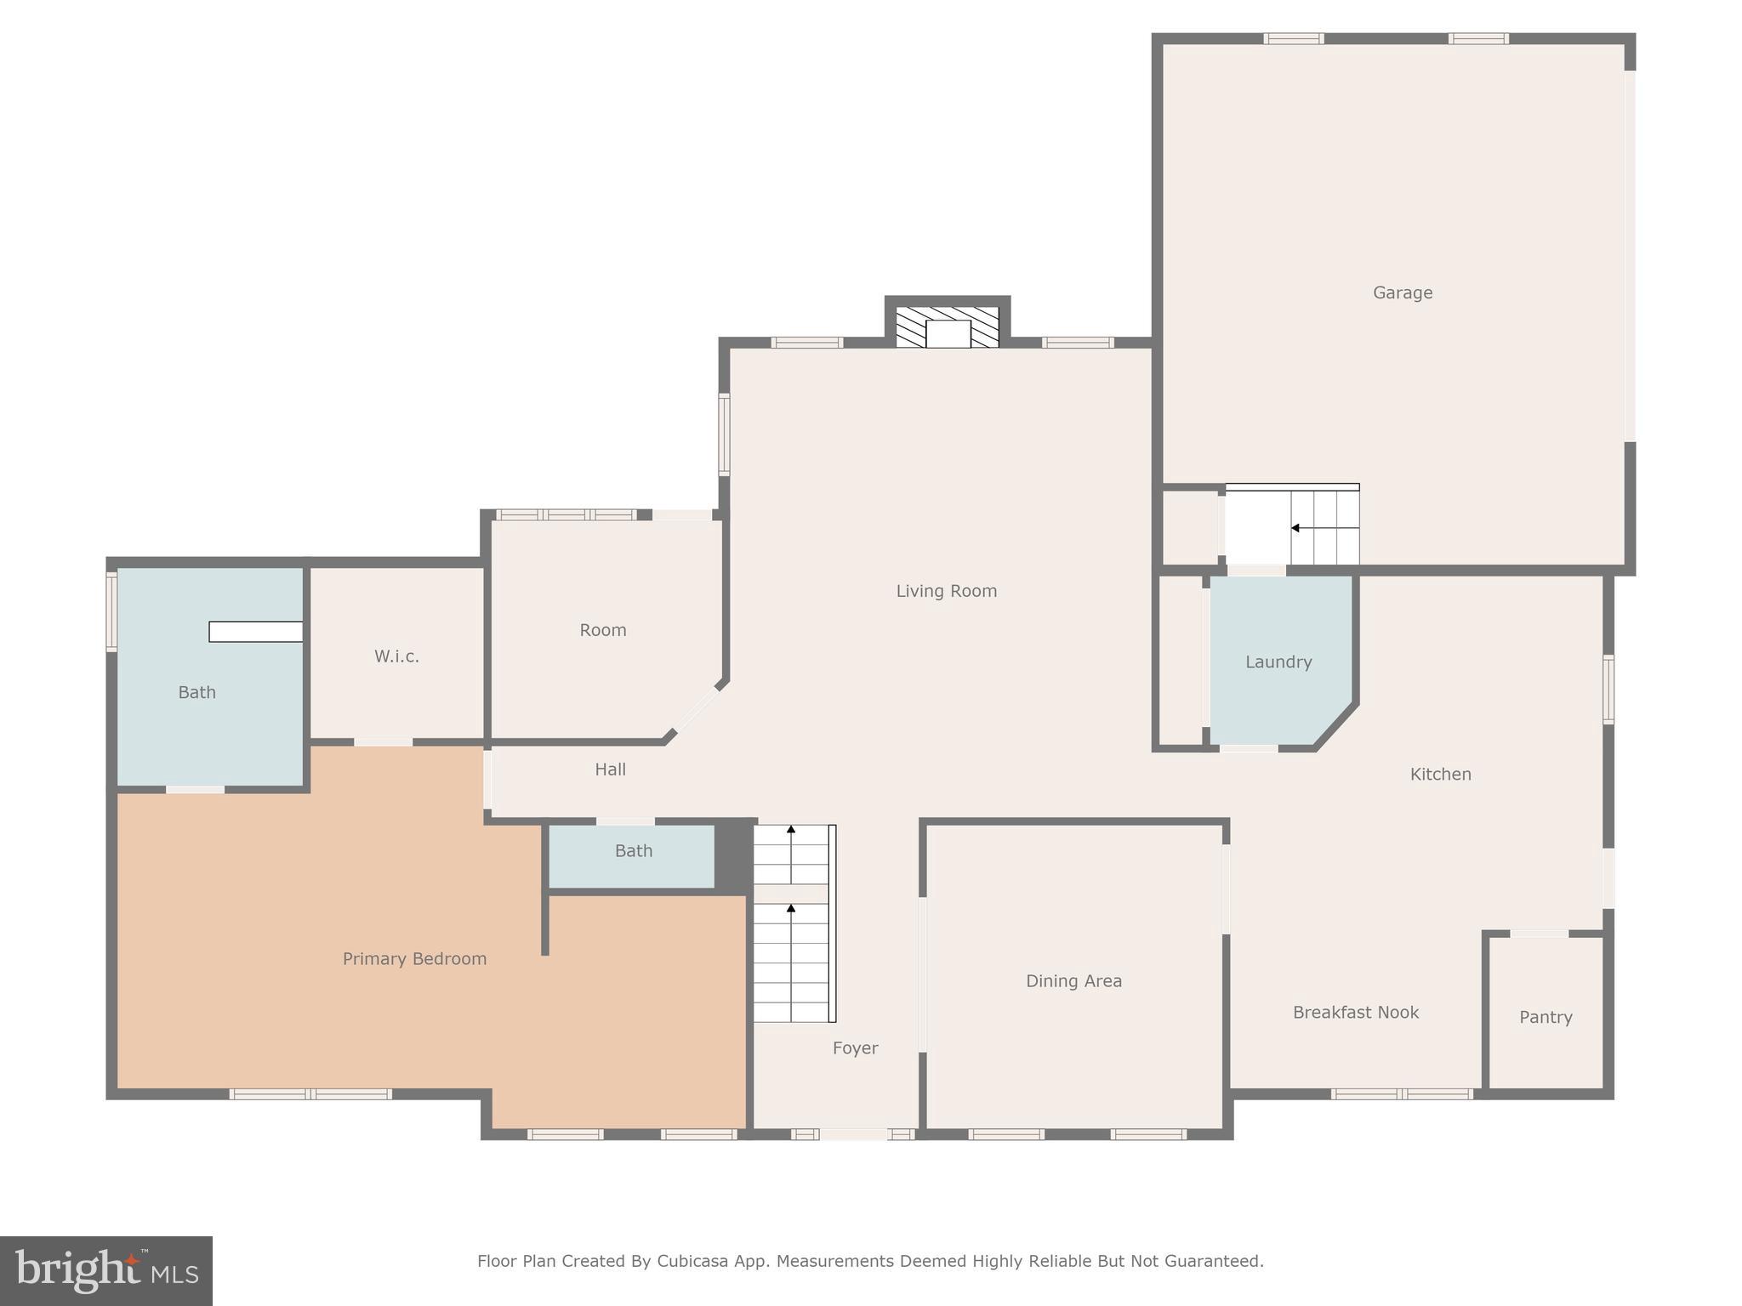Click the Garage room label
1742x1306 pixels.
(x=1402, y=292)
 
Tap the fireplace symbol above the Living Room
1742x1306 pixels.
(x=947, y=328)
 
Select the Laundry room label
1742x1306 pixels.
(x=1278, y=662)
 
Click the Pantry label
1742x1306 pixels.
(x=1545, y=1017)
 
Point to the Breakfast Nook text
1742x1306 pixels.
(x=1355, y=1012)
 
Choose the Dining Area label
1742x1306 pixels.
(x=1073, y=980)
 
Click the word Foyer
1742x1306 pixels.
(x=855, y=1048)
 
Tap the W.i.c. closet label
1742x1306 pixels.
(x=396, y=656)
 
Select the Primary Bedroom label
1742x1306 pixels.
(x=414, y=958)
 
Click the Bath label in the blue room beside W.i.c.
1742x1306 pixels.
(x=196, y=692)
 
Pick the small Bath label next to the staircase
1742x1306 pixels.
(x=633, y=850)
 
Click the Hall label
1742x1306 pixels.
(x=610, y=769)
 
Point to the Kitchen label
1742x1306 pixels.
(x=1440, y=774)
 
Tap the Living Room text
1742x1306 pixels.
(x=946, y=590)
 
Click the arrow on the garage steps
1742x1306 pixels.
(x=1295, y=528)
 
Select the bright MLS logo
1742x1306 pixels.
(x=106, y=1270)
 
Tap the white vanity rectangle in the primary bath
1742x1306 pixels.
(x=255, y=632)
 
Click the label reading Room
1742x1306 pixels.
(x=602, y=630)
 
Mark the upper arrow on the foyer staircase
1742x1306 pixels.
(x=791, y=829)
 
